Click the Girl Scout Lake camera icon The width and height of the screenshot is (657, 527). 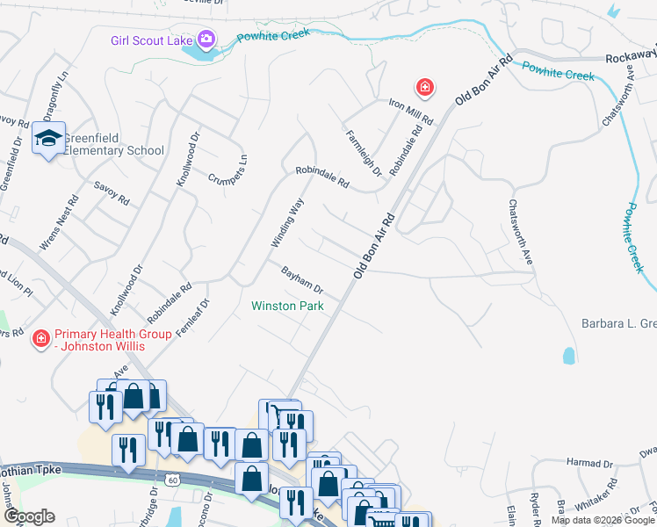pos(206,40)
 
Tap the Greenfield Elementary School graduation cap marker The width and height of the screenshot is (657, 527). pos(49,139)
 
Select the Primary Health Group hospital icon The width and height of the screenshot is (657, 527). pos(40,339)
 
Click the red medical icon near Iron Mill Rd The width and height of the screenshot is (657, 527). pos(424,87)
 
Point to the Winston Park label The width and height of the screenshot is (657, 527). pos(287,307)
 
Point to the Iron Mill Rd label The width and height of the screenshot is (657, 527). pos(412,111)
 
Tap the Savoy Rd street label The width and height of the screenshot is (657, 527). pos(112,193)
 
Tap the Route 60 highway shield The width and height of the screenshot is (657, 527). pos(173,480)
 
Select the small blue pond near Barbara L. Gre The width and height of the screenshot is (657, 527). pos(568,355)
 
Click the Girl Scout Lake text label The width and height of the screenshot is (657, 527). pos(153,40)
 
